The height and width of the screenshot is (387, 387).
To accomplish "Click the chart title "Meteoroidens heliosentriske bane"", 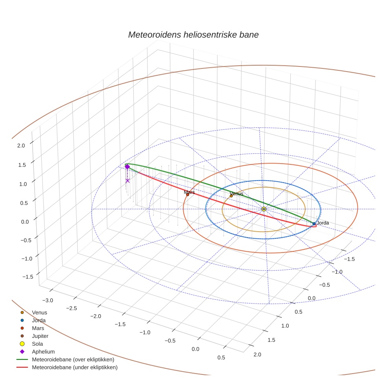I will [x=193, y=35].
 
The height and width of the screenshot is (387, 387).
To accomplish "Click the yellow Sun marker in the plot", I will [x=264, y=209].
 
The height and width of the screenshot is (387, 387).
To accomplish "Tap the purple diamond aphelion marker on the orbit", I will [x=127, y=167].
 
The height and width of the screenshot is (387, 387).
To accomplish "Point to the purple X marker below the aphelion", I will [x=127, y=181].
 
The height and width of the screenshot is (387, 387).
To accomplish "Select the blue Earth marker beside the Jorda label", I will [x=314, y=224].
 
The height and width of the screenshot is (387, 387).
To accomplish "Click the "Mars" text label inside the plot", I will [x=189, y=192].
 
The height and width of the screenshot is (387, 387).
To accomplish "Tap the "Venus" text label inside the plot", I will [x=236, y=193].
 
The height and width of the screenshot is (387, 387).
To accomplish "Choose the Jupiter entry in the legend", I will [x=40, y=336].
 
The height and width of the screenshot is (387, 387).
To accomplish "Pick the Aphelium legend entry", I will [x=43, y=352].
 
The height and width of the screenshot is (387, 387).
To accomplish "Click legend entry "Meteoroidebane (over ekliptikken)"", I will [x=73, y=359].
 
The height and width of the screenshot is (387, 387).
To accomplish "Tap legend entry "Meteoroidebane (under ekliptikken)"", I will [x=74, y=367].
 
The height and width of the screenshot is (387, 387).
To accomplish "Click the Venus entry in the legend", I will [x=39, y=312].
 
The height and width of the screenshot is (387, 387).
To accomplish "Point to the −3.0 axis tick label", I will [x=48, y=300].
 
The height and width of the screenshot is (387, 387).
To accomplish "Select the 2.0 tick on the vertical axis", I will [x=21, y=146].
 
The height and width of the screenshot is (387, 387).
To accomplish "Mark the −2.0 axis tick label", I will [x=96, y=316].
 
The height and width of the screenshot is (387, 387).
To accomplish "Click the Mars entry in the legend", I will [x=38, y=328].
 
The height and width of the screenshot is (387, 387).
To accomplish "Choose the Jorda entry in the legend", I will [x=39, y=320].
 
